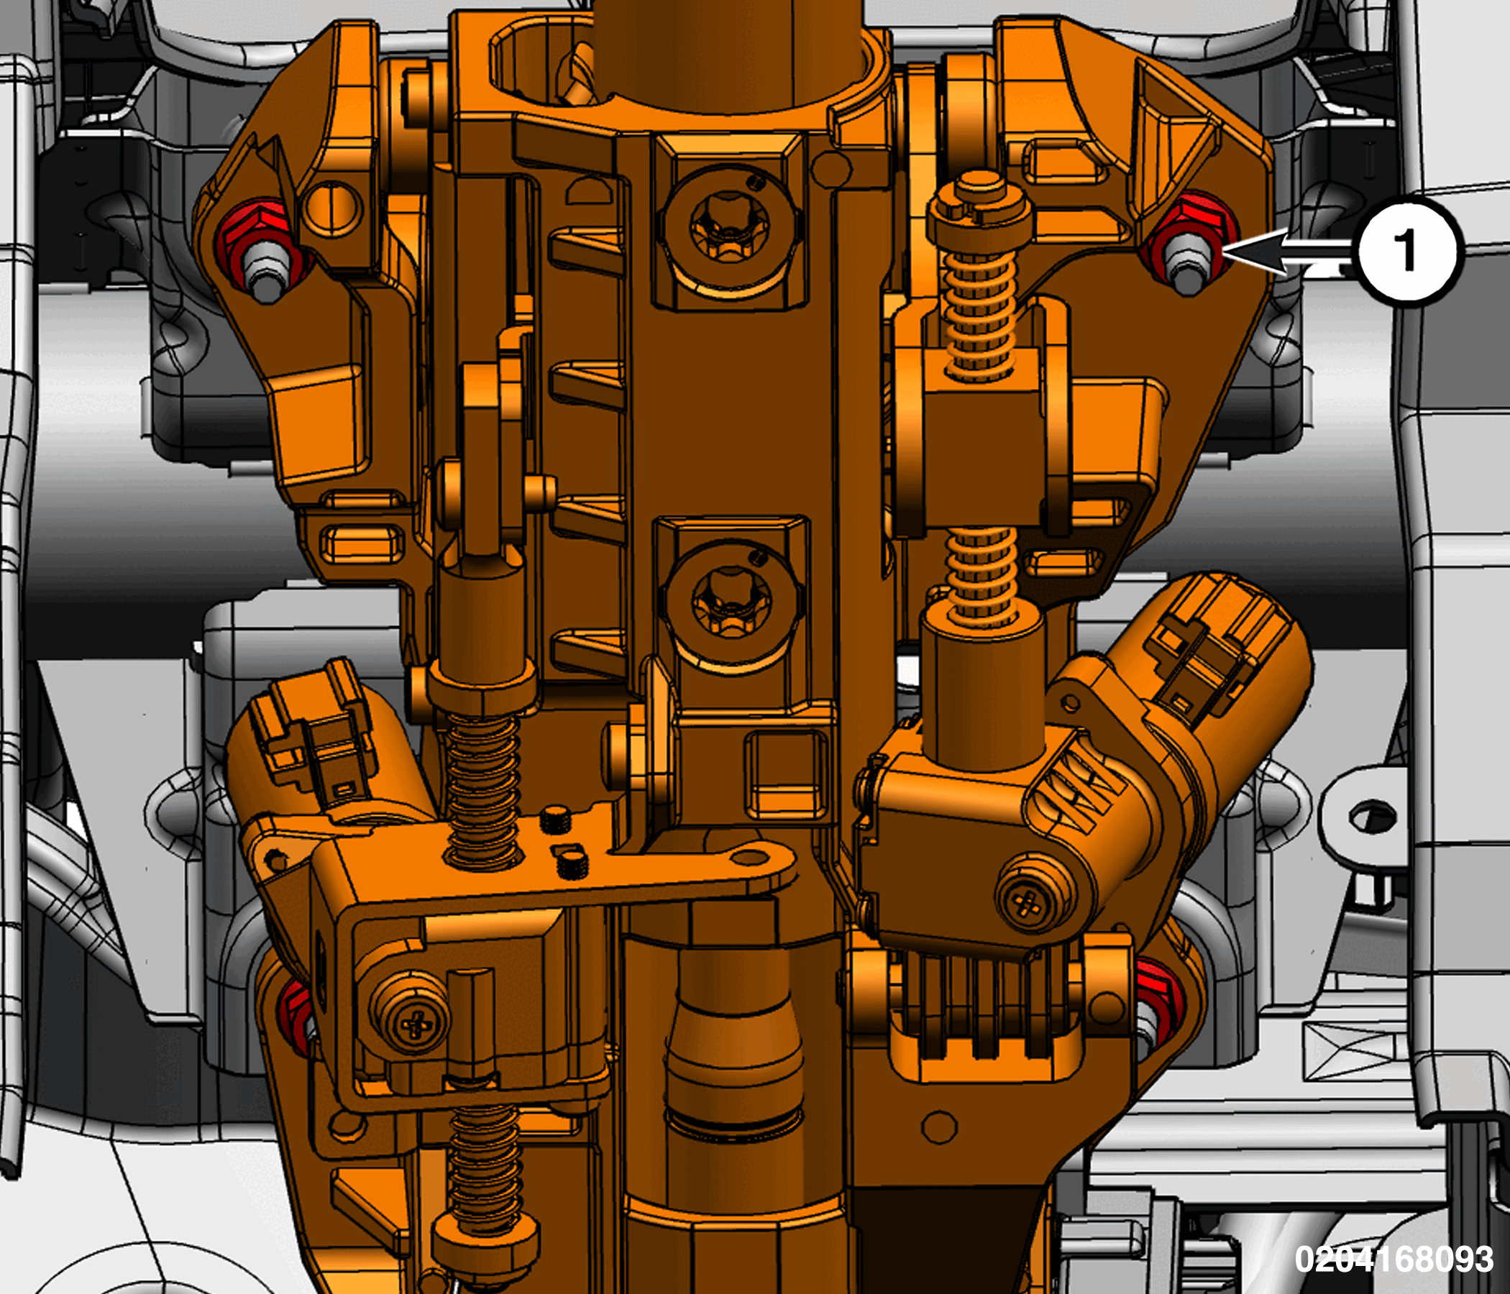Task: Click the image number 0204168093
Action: click(x=1394, y=1259)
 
